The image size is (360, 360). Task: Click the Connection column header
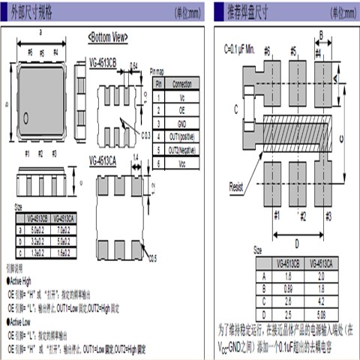pyautogui.click(x=181, y=85)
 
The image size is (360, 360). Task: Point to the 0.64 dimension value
pyautogui.click(x=134, y=65)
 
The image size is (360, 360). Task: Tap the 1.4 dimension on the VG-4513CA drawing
pyautogui.click(x=136, y=159)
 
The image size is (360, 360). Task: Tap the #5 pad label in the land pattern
pyautogui.click(x=293, y=50)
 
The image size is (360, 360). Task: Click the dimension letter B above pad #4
pyautogui.click(x=321, y=34)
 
